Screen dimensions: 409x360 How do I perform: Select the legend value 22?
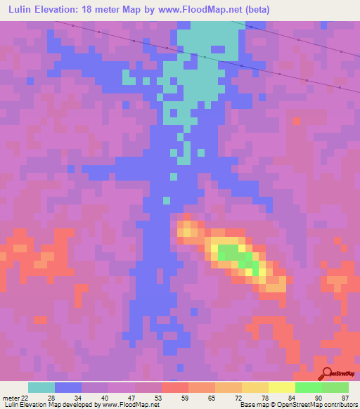point(26,398)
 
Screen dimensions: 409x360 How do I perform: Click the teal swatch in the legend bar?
point(41,387)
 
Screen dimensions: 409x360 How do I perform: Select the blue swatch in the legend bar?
point(68,387)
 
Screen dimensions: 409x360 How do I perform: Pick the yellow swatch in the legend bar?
point(281,387)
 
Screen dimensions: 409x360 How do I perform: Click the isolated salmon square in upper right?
point(297,122)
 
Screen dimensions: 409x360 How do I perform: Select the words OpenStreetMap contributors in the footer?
point(320,405)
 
